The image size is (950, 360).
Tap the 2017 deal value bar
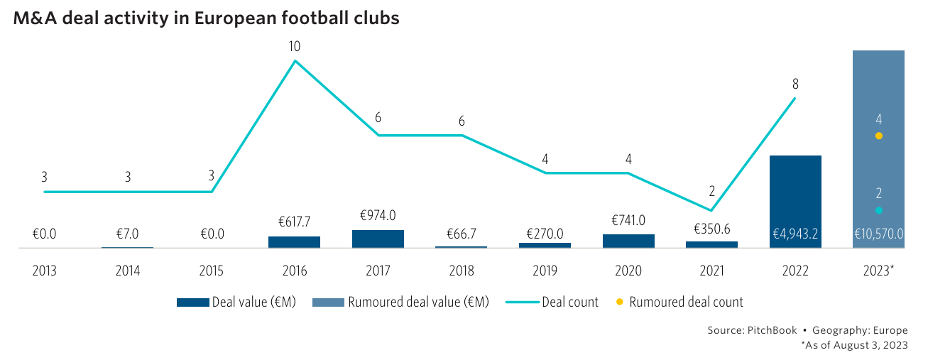click(x=378, y=239)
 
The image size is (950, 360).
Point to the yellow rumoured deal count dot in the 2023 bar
click(x=878, y=136)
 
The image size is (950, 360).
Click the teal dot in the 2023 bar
click(x=878, y=210)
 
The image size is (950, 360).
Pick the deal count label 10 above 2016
click(x=295, y=47)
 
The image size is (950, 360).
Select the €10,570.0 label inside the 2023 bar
click(x=878, y=234)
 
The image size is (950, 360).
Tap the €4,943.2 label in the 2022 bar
click(x=795, y=234)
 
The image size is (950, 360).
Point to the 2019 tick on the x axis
click(x=545, y=271)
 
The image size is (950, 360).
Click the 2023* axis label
click(x=879, y=271)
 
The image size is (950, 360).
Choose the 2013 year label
click(x=44, y=271)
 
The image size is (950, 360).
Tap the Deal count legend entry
click(x=554, y=302)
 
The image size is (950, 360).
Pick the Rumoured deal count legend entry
click(x=680, y=302)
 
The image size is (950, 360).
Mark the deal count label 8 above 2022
click(x=796, y=84)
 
